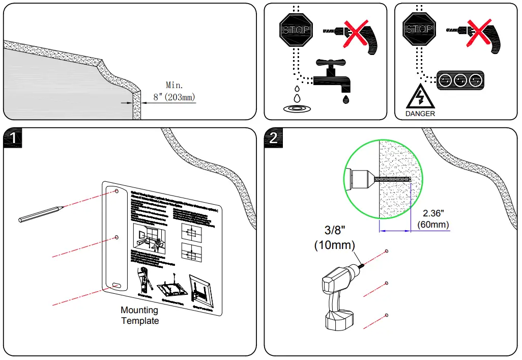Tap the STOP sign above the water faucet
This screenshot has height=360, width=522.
tap(296, 30)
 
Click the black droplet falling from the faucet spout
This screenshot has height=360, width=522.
tap(346, 99)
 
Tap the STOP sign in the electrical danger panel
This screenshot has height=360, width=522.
tap(418, 30)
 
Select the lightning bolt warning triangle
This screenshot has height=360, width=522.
tap(419, 96)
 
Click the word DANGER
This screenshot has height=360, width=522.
tap(420, 114)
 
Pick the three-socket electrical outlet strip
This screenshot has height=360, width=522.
tap(460, 80)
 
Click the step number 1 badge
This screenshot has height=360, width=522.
tap(13, 139)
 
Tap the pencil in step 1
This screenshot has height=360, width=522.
tap(41, 214)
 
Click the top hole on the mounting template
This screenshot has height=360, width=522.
tap(117, 192)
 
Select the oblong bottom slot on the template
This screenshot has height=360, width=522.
tap(117, 286)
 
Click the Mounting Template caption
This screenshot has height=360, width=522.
tap(139, 315)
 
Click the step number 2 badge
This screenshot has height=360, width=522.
tap(273, 139)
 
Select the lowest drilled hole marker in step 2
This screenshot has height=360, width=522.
tap(387, 315)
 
